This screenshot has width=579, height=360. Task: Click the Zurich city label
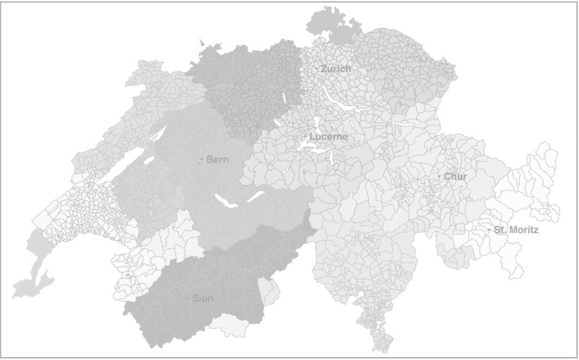click(x=336, y=69)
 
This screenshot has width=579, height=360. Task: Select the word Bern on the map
click(x=217, y=160)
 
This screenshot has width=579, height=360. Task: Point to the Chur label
click(x=455, y=176)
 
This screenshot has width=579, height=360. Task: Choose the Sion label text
click(x=202, y=298)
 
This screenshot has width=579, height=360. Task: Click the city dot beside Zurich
click(x=317, y=69)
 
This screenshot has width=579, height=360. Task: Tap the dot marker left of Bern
click(x=202, y=160)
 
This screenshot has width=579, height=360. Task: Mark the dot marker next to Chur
click(x=439, y=176)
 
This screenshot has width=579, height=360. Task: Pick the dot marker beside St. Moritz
click(x=490, y=230)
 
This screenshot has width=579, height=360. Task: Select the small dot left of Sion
click(x=189, y=298)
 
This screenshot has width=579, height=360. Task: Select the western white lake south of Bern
click(x=228, y=203)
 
